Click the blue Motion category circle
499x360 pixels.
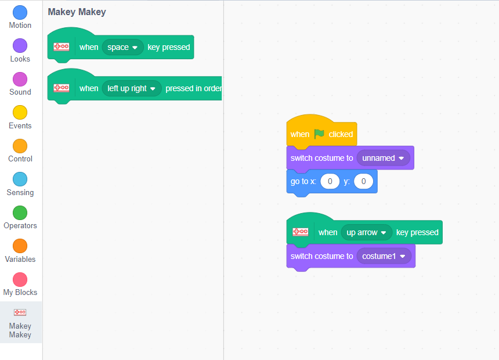point(20,12)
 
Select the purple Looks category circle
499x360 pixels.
point(20,46)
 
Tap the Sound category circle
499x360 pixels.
point(20,80)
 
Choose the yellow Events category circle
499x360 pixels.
point(20,113)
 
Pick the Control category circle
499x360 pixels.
point(20,146)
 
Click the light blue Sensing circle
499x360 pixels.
point(20,179)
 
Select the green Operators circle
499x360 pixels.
point(20,213)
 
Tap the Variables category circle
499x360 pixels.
point(20,246)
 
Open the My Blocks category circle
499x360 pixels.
point(20,279)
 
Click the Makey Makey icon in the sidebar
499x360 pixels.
point(20,312)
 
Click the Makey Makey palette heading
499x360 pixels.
point(77,12)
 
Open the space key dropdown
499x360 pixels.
point(122,47)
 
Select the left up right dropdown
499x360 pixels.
point(132,88)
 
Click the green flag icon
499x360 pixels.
point(319,134)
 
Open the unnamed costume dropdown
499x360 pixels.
point(383,158)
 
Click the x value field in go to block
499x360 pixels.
point(330,181)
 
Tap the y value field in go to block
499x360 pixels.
point(363,181)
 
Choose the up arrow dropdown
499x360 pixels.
point(367,232)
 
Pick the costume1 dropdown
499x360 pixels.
point(384,256)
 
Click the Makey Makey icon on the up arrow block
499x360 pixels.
point(301,232)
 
